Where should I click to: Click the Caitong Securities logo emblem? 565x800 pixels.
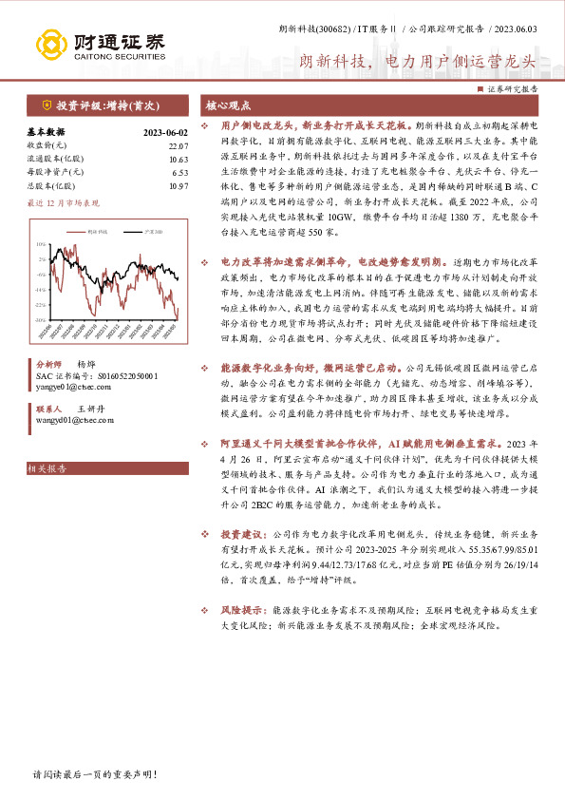(53, 44)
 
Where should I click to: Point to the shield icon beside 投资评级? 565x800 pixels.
(46, 105)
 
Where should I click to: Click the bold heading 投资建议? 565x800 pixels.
(246, 535)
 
